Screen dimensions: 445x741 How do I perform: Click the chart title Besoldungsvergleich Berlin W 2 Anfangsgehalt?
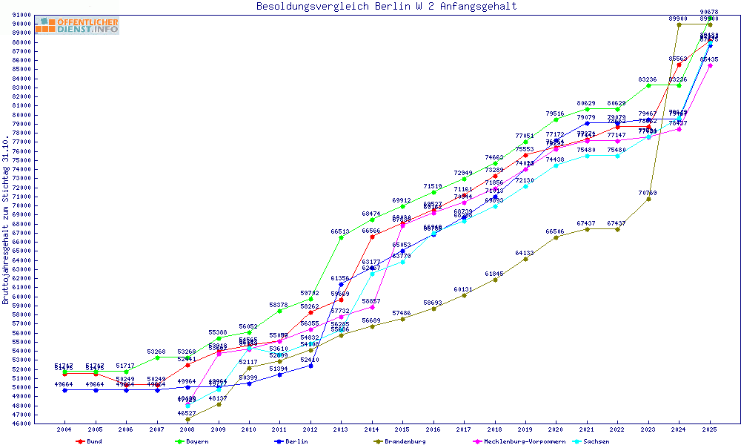tap(386, 7)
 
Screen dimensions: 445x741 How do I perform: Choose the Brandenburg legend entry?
tap(405, 441)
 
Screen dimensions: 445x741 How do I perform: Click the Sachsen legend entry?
tap(596, 441)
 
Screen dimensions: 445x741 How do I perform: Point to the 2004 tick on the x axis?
tap(64, 429)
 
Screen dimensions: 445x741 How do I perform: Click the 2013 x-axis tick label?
tap(341, 429)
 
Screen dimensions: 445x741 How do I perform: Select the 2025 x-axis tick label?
tap(710, 429)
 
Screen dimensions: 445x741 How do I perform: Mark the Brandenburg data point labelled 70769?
tap(648, 199)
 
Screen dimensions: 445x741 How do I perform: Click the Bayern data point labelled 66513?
tap(341, 237)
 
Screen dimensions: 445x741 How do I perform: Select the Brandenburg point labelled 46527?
tap(187, 419)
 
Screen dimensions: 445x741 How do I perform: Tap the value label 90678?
tap(709, 12)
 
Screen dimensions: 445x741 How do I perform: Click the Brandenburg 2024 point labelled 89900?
tap(679, 24)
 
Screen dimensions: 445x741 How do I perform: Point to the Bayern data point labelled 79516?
tap(556, 119)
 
